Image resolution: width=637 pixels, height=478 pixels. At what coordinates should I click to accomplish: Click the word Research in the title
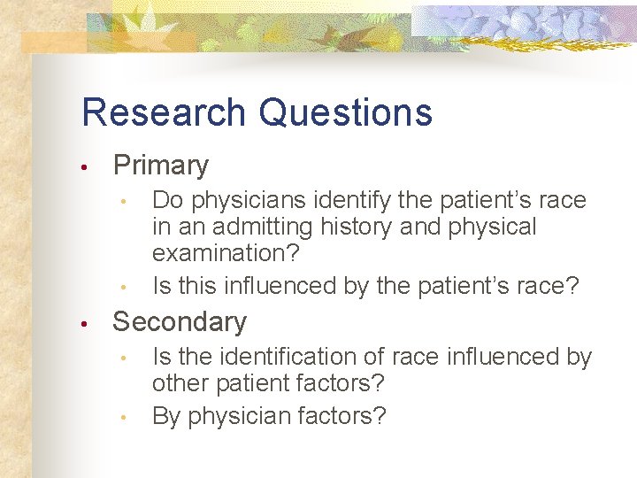click(x=163, y=112)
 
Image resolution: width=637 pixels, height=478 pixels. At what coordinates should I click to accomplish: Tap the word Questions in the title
click(x=346, y=112)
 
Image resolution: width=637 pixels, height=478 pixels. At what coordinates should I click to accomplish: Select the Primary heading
click(x=160, y=166)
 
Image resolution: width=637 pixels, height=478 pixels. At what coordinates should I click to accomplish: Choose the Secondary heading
click(x=180, y=322)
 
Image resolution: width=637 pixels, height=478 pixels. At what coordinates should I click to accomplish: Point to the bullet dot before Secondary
click(x=81, y=324)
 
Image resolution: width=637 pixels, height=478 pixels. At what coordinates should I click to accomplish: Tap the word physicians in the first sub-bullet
click(x=239, y=201)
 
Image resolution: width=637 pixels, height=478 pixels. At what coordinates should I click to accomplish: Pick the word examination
click(x=226, y=253)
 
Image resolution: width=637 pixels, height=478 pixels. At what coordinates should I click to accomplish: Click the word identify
click(x=334, y=200)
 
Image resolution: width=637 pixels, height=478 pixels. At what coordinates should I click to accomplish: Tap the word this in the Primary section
click(x=196, y=286)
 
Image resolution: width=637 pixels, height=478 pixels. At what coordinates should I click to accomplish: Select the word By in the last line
click(x=166, y=416)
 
